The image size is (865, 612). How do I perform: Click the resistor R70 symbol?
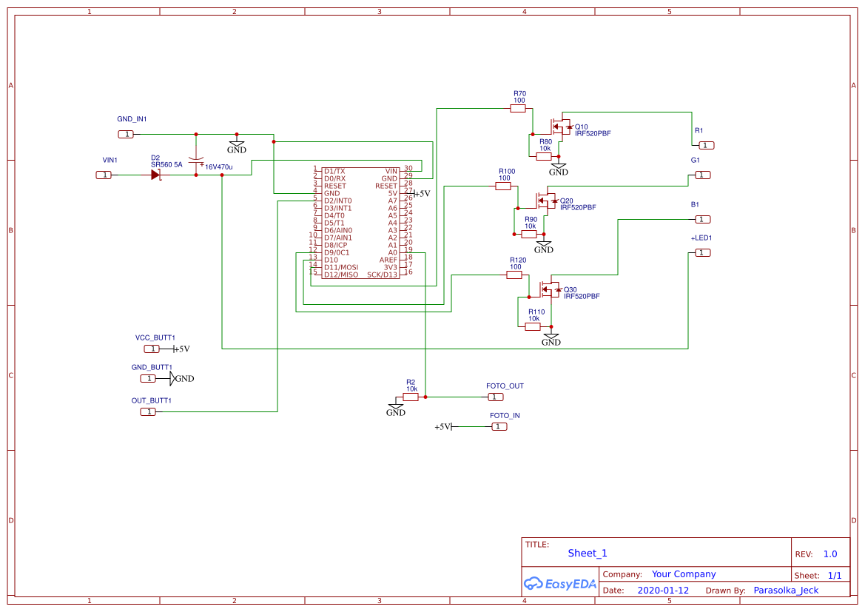pos(519,108)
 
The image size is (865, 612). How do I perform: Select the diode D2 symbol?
pos(155,175)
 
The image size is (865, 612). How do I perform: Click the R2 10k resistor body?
pos(411,397)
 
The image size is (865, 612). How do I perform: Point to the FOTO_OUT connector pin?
pos(495,397)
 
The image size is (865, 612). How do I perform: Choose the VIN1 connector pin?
pos(105,175)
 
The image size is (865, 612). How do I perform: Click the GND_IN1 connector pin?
pos(127,134)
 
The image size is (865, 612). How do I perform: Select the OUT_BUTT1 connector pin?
pos(149,411)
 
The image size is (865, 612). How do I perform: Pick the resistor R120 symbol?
pos(514,275)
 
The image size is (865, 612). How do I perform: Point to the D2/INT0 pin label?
pos(337,201)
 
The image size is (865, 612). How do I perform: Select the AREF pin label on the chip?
pos(388,260)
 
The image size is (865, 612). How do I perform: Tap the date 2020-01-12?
pos(662,591)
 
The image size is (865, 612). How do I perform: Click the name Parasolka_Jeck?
pos(786,591)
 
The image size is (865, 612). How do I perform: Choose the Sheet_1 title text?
pos(588,553)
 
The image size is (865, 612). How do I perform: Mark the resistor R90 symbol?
pos(529,234)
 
